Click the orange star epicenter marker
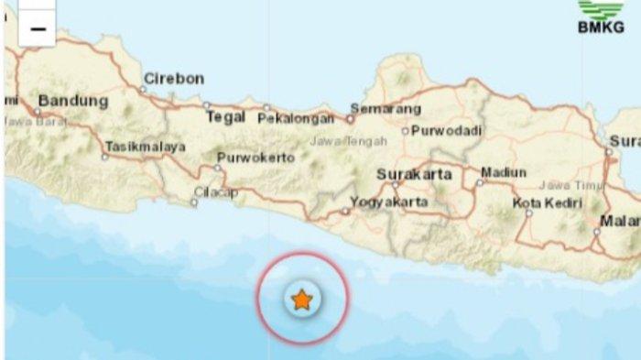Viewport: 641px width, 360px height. [301, 299]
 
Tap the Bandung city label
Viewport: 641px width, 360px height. [72, 100]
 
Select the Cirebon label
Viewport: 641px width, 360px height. [174, 79]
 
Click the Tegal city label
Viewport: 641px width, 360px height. [225, 117]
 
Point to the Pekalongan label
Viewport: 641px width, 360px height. [294, 118]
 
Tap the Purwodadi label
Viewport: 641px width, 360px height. [447, 131]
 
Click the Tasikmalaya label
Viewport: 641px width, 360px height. [146, 147]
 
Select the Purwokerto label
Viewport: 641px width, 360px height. [255, 158]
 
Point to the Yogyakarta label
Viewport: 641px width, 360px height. [389, 200]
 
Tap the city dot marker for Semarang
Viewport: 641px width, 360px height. [350, 118]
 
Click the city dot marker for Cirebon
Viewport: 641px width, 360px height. [144, 89]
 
